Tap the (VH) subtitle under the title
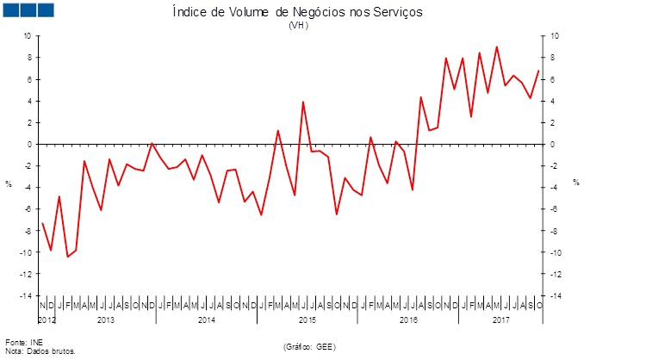298,25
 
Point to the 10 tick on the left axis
27,36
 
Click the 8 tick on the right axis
554,58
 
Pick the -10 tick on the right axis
556,252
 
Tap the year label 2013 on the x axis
105,320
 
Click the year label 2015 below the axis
307,320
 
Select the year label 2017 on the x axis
501,320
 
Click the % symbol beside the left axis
9,183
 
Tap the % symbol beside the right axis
576,183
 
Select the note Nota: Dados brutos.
40,351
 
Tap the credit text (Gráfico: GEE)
308,346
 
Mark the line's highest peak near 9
496,47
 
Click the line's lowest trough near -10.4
68,257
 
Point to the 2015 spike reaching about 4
303,102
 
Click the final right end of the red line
538,71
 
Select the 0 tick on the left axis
28,144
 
